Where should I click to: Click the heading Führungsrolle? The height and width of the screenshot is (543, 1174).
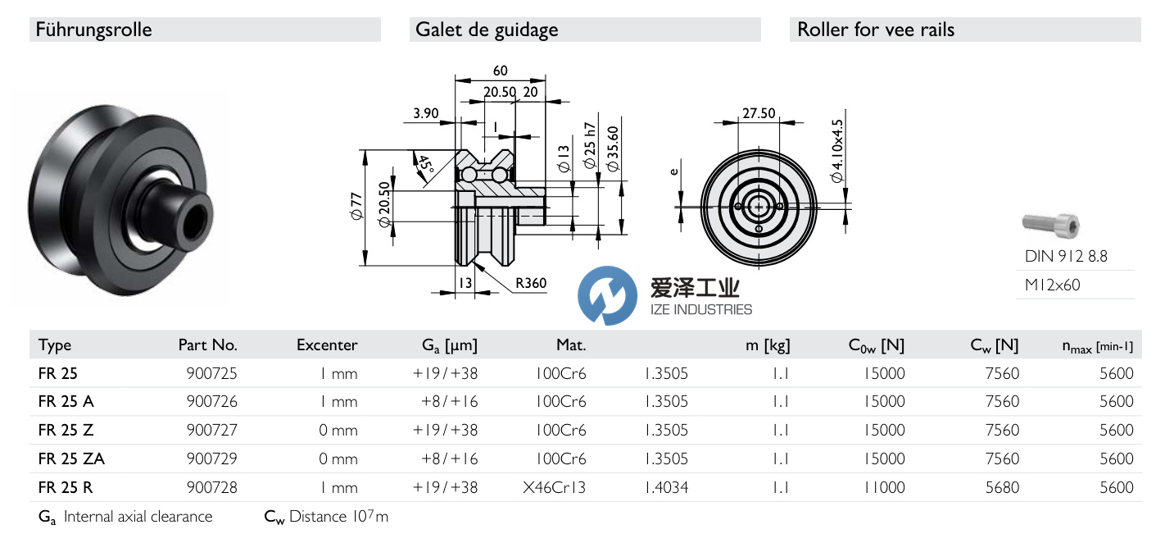[x=94, y=30]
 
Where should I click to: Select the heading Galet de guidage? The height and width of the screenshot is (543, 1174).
[x=487, y=30]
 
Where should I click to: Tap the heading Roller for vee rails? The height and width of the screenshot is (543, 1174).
[x=876, y=30]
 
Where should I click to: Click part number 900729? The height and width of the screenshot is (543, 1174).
[x=212, y=459]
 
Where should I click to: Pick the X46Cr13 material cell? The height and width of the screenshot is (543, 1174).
[x=555, y=487]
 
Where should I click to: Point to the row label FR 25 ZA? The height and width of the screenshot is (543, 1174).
[x=71, y=459]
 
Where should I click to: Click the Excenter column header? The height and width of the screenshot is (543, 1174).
[x=327, y=345]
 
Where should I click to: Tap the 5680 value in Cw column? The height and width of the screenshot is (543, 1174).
[x=1003, y=487]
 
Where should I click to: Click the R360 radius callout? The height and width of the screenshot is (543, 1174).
[x=530, y=284]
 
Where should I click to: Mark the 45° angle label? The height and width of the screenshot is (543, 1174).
[x=424, y=163]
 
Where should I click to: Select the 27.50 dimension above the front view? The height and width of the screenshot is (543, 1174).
[x=758, y=113]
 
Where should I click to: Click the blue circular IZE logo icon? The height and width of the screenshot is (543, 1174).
[x=607, y=295]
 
